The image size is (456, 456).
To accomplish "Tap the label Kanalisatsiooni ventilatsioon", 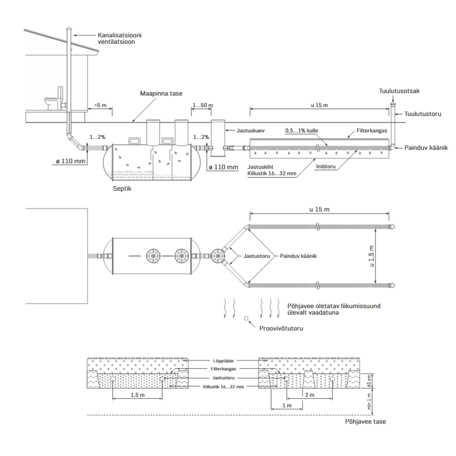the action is pyautogui.click(x=119, y=38).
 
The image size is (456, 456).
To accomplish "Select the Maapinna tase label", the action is pyautogui.click(x=161, y=93).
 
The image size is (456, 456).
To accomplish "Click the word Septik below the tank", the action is pyautogui.click(x=122, y=188).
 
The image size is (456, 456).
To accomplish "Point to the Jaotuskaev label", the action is pyautogui.click(x=250, y=130).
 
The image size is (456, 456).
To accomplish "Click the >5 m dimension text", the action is pyautogui.click(x=100, y=105).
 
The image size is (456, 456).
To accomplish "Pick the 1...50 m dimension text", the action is pyautogui.click(x=203, y=105).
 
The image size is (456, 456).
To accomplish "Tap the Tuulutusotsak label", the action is pyautogui.click(x=399, y=91).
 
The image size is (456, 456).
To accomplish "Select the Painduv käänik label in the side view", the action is pyautogui.click(x=426, y=148).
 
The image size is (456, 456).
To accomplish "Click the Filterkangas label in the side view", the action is pyautogui.click(x=372, y=130).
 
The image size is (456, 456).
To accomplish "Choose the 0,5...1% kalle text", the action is pyautogui.click(x=301, y=130).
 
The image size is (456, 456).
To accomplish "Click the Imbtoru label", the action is pyautogui.click(x=326, y=166).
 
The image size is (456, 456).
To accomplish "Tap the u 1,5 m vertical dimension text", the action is pyautogui.click(x=372, y=256).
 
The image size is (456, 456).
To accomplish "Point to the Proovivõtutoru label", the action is pyautogui.click(x=281, y=328).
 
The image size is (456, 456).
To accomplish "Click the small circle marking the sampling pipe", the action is pyautogui.click(x=246, y=318).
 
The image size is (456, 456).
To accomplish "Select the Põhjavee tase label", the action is pyautogui.click(x=366, y=422).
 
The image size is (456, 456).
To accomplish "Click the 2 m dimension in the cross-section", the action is pyautogui.click(x=310, y=395).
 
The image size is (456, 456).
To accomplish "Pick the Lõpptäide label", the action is pyautogui.click(x=223, y=361).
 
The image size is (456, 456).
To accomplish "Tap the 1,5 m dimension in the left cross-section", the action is pyautogui.click(x=138, y=395).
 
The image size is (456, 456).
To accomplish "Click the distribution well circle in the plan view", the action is pyautogui.click(x=217, y=256).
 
